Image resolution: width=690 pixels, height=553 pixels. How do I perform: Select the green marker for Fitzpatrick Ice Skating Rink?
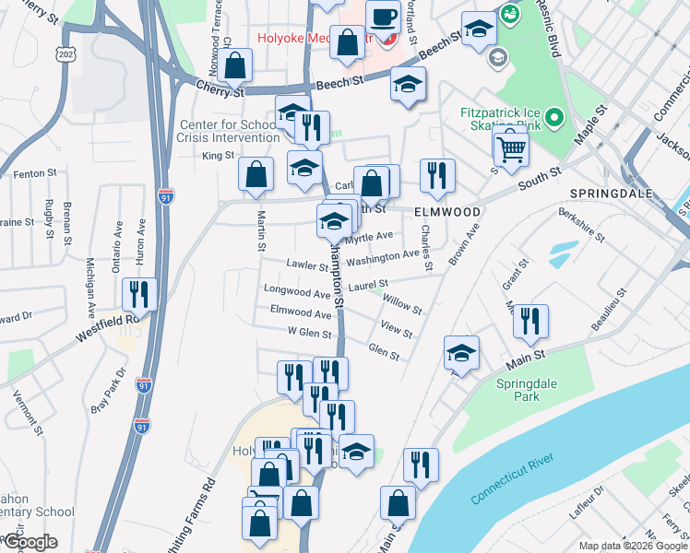[553, 118]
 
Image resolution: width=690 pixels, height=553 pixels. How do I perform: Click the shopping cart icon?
[510, 147]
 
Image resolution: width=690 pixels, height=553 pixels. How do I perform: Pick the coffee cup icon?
[382, 17]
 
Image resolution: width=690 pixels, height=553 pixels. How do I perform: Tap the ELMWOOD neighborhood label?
[447, 212]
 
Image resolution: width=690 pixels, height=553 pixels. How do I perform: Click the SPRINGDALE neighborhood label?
[611, 194]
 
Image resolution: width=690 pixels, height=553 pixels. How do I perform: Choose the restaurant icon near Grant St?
[529, 320]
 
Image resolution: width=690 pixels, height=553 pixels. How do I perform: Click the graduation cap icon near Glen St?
[461, 351]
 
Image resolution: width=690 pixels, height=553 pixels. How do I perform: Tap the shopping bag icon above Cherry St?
[236, 65]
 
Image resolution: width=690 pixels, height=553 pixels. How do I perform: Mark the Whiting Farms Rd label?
[201, 512]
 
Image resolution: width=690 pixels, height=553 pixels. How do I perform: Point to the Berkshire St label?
[581, 224]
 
